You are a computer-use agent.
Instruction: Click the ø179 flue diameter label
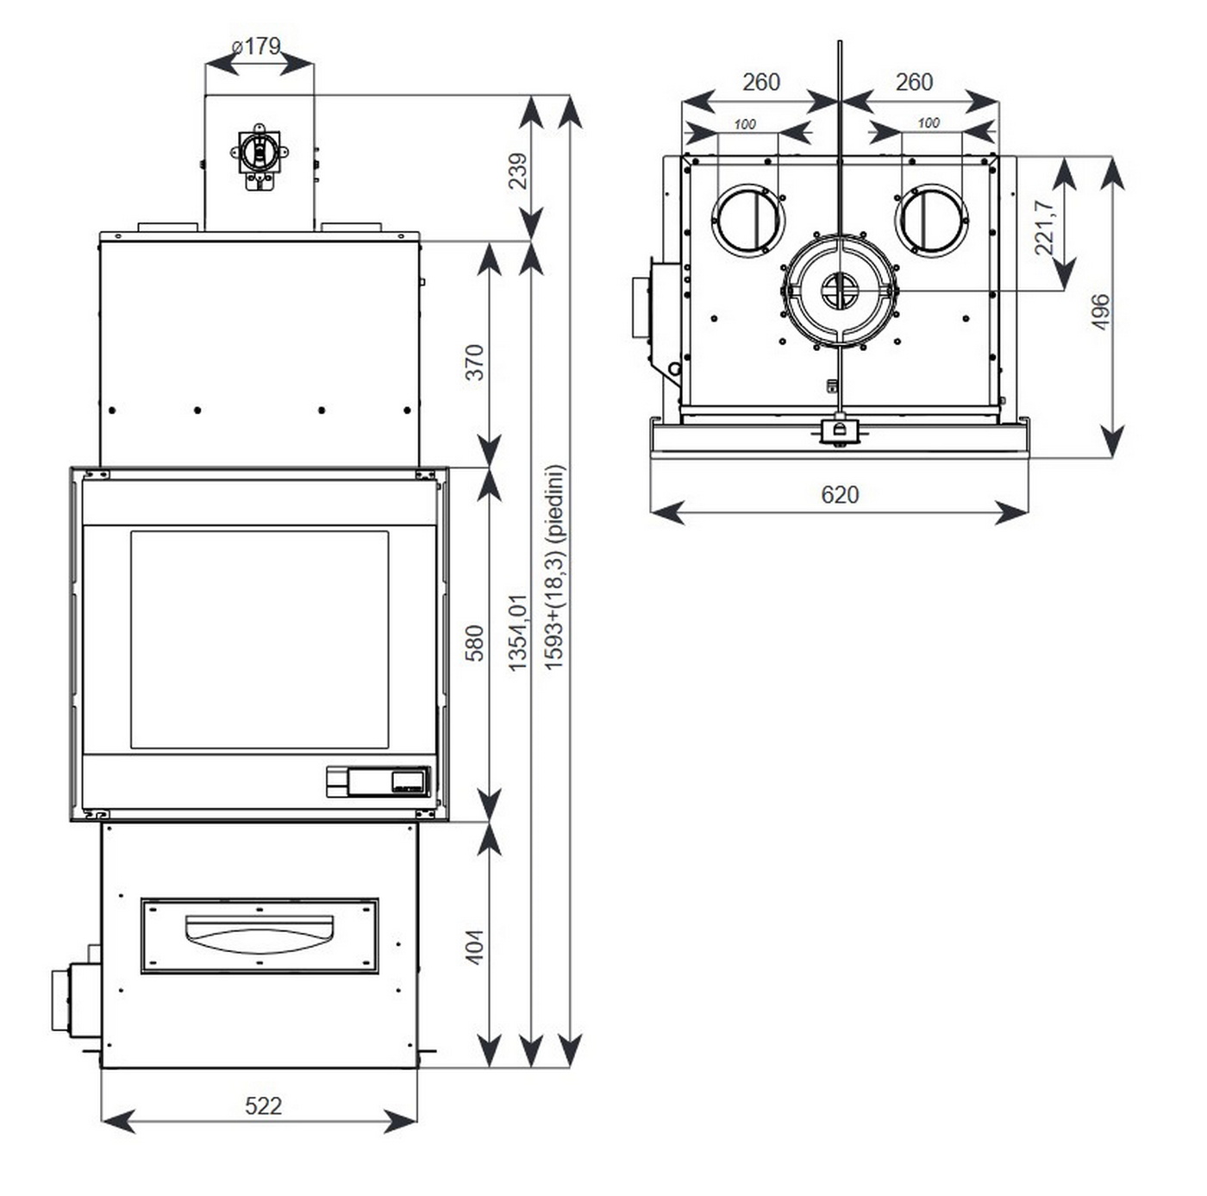[x=257, y=46]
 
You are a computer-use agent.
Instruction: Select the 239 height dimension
[x=517, y=171]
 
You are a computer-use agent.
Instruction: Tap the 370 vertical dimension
[x=474, y=362]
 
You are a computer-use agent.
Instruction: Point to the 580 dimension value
[x=474, y=643]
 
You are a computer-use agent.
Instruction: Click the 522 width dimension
[x=263, y=1105]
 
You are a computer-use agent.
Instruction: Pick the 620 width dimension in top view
[x=839, y=495]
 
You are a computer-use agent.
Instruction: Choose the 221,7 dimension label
[x=1044, y=228]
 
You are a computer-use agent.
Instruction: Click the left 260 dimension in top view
[x=760, y=82]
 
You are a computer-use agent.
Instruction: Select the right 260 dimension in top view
[x=914, y=82]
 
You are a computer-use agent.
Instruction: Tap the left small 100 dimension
[x=745, y=124]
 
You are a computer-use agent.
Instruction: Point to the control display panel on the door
[x=378, y=781]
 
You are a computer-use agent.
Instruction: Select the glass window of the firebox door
[x=259, y=640]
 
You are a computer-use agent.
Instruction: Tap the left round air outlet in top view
[x=747, y=219]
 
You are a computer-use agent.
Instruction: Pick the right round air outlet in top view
[x=931, y=219]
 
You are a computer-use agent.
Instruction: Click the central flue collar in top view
[x=840, y=291]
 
